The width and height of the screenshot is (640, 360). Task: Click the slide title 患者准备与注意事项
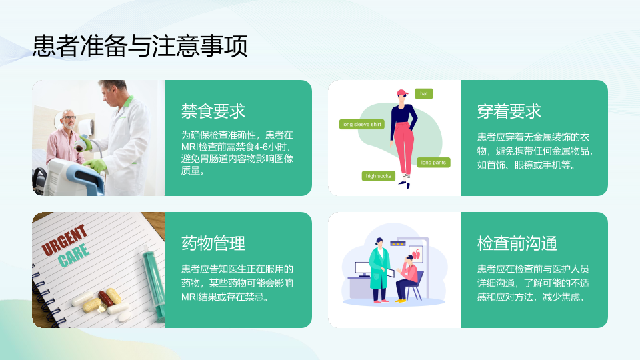[x=140, y=46]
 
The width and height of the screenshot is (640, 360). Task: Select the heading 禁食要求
[x=213, y=111]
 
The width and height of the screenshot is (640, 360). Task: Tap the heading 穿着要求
[x=509, y=111]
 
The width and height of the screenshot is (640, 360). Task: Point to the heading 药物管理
[x=213, y=243]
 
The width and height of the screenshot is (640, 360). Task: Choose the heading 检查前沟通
[x=517, y=243]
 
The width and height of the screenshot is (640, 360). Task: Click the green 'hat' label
[x=424, y=93]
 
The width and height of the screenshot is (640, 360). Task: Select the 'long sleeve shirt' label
[x=361, y=124]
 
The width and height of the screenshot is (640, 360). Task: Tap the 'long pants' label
[x=433, y=163]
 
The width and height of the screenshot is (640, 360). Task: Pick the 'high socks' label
[x=379, y=176]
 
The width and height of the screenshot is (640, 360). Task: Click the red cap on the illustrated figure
[x=402, y=93]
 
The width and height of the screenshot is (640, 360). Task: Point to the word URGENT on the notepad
[x=65, y=239]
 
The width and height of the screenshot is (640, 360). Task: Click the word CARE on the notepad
[x=73, y=255]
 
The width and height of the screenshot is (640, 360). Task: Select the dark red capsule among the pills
[x=106, y=299]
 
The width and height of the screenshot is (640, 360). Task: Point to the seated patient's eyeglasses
[x=69, y=118]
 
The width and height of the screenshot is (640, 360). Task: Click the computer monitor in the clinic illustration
[x=363, y=269]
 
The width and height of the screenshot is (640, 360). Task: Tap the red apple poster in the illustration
[x=416, y=255]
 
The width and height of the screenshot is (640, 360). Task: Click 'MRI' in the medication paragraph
[x=189, y=297]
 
